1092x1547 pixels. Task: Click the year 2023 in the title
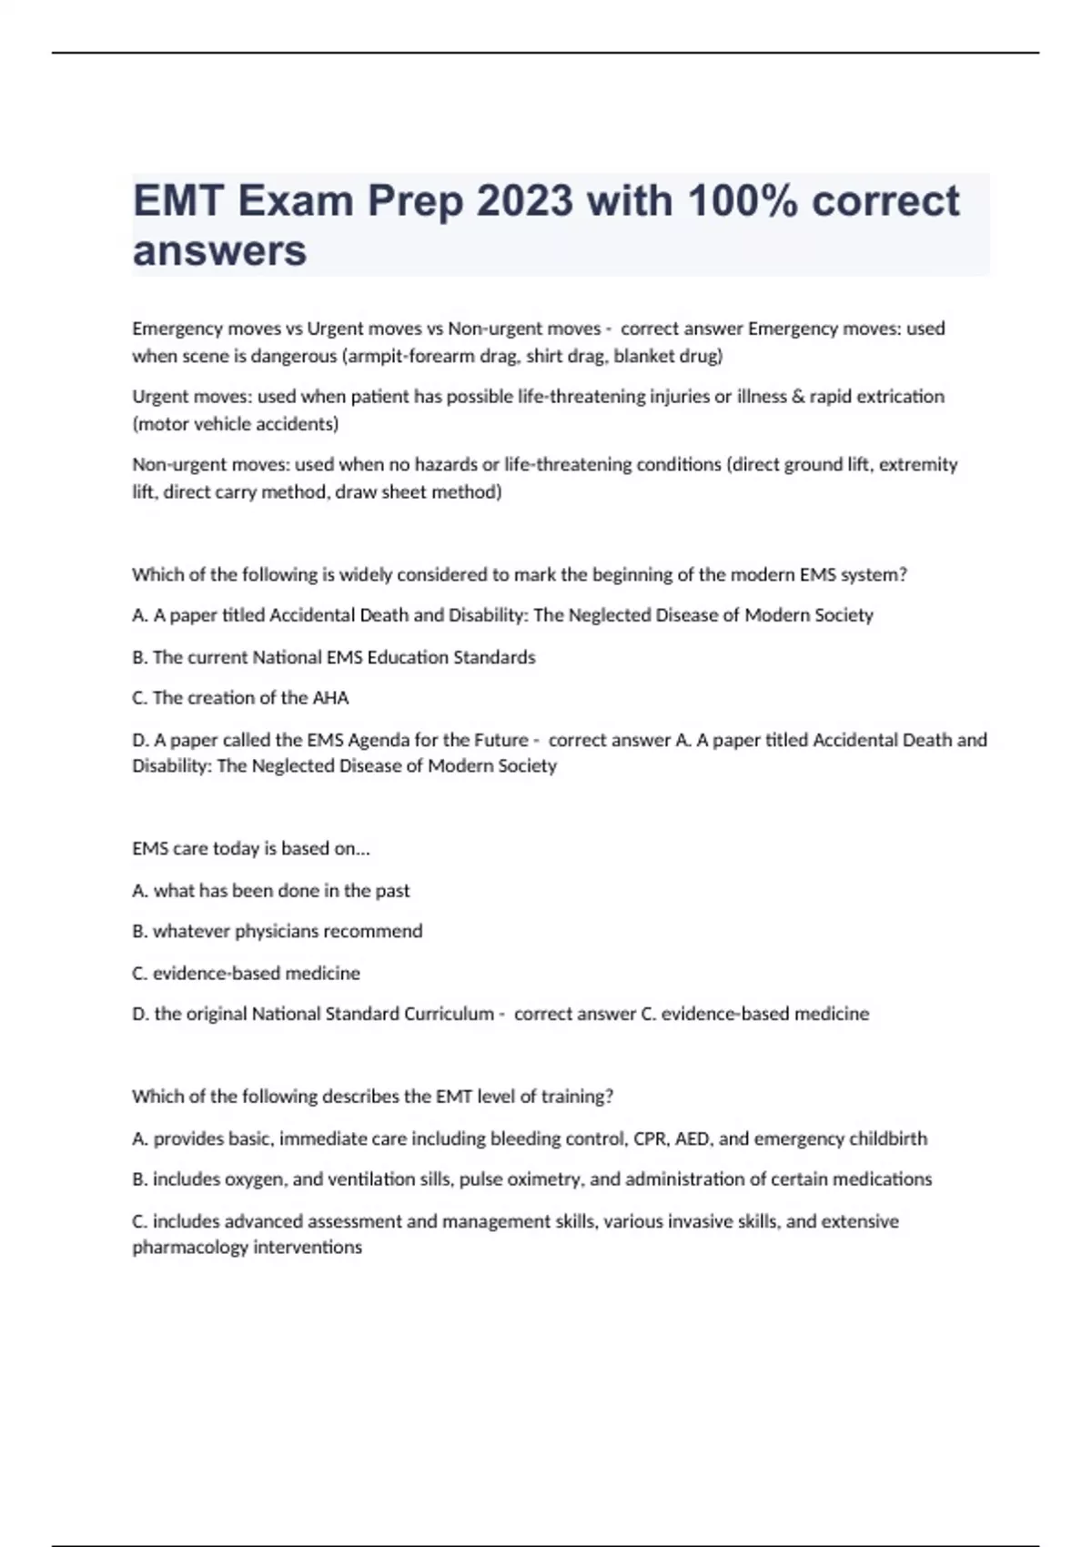(525, 201)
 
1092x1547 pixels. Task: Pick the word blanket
(645, 356)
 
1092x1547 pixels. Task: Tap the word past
(392, 891)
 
